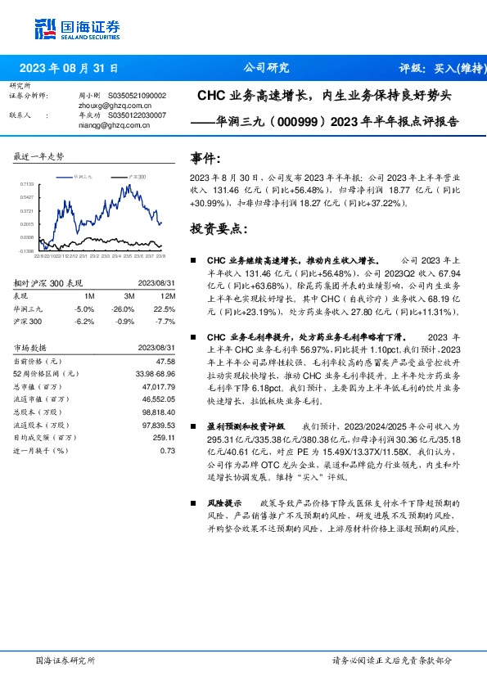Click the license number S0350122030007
click(131, 115)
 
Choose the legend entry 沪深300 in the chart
click(137, 176)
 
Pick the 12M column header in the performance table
click(169, 295)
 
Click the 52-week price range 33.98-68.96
click(156, 373)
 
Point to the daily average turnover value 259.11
click(165, 438)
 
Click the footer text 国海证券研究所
click(65, 660)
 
